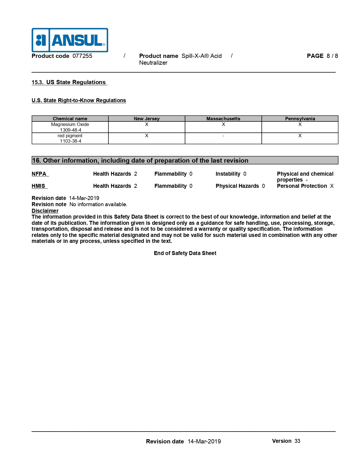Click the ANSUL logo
coord(70,40)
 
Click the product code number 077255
coord(82,56)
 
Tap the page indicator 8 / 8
coord(332,56)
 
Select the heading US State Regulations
coord(76,82)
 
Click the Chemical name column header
coord(70,119)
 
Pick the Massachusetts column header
coord(223,119)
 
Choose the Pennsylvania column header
coord(300,119)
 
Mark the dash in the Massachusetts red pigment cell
coord(223,136)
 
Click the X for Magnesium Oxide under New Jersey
coord(147,124)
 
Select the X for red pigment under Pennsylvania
coord(300,136)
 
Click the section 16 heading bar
coord(185,160)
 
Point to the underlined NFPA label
coord(39,174)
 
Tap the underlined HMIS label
coord(38,186)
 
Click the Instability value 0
coord(245,174)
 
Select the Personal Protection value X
coord(332,186)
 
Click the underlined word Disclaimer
coord(45,211)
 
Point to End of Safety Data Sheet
coord(185,253)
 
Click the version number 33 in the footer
coord(297,441)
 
